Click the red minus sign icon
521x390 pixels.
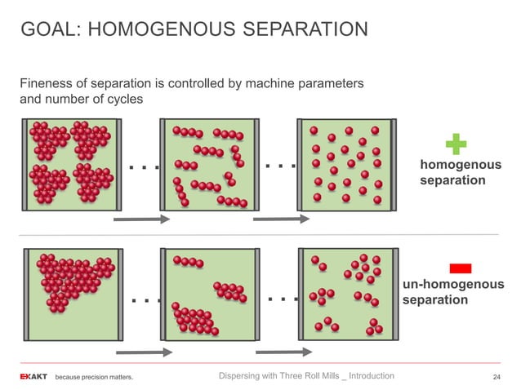point(461,268)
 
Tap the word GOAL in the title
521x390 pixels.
point(47,31)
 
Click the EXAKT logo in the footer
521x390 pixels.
point(33,377)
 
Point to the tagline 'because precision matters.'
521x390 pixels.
point(94,378)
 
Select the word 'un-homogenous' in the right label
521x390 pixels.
point(452,285)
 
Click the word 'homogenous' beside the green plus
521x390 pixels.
point(460,165)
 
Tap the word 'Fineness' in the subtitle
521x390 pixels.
point(47,84)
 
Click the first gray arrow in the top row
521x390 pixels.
point(140,219)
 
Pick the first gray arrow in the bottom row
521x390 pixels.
point(142,352)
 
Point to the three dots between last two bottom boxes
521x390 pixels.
point(281,299)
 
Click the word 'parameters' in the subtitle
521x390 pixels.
point(330,84)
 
